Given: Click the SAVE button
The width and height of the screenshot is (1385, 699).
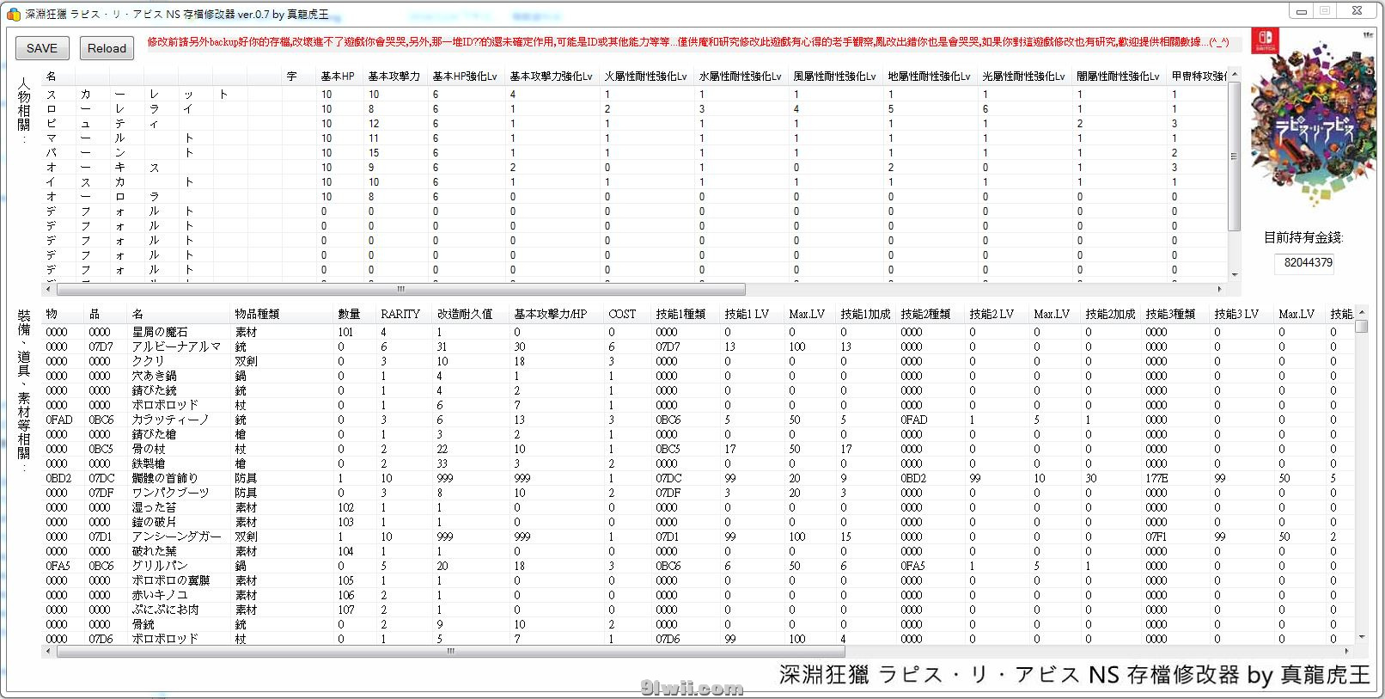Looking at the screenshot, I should [x=42, y=48].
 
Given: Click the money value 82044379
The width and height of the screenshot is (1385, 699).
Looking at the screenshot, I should [x=1308, y=262].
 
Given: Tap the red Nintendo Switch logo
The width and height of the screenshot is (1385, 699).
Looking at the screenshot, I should [x=1267, y=40].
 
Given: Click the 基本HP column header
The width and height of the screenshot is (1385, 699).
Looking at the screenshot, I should [x=338, y=76].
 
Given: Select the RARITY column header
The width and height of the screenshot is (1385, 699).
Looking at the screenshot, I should [x=400, y=314].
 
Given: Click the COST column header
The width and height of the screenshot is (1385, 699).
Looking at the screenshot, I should [x=622, y=314].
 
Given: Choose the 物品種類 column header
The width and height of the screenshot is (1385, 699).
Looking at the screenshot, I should [x=257, y=314].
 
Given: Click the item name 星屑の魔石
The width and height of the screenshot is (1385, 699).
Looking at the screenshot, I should [x=160, y=332].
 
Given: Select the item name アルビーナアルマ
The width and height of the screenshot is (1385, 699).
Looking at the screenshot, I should [x=176, y=346].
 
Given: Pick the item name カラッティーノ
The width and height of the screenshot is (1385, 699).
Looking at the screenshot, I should [x=170, y=420].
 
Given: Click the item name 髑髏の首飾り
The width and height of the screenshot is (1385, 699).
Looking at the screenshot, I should [x=165, y=478].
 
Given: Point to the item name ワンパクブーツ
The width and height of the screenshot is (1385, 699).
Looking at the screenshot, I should [x=170, y=493].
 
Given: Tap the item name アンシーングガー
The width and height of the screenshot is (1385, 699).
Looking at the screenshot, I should [x=176, y=537].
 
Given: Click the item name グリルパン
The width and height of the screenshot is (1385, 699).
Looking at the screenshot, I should [x=160, y=566].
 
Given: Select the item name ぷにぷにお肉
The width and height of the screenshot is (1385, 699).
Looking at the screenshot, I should [x=165, y=610].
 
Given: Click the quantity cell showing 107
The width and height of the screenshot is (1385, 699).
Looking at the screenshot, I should [x=346, y=610].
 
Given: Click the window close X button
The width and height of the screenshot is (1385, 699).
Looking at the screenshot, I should [x=1356, y=11].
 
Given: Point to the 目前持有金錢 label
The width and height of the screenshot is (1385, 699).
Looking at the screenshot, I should [x=1303, y=237].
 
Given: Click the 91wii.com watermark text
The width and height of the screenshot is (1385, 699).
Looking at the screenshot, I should [x=692, y=688].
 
